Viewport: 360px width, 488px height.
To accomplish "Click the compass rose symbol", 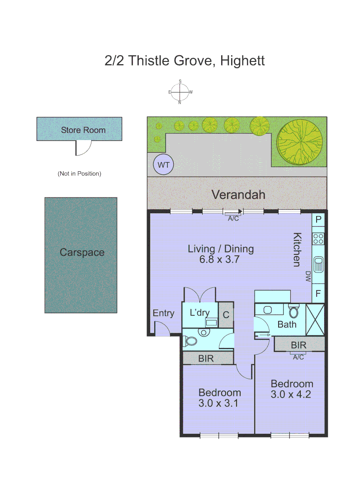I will (180, 92).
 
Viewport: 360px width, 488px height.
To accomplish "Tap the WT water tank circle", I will (164, 165).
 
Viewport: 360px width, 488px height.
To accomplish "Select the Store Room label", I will (83, 130).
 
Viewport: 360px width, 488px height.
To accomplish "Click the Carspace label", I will (82, 253).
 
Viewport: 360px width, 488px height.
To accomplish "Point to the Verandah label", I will (238, 195).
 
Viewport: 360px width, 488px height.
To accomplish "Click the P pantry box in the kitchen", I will (318, 220).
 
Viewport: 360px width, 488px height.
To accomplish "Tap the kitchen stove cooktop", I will (318, 238).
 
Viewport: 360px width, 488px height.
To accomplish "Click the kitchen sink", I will (318, 264).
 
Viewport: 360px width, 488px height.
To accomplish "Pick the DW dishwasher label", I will (308, 276).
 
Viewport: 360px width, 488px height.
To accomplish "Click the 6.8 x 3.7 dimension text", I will (220, 259).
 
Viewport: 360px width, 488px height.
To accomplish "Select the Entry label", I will (163, 313).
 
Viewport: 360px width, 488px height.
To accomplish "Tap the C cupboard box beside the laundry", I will (226, 315).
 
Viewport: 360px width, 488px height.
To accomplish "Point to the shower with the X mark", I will (316, 320).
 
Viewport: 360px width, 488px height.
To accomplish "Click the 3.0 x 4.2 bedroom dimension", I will (292, 394).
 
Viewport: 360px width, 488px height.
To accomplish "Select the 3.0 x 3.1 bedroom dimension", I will (219, 403).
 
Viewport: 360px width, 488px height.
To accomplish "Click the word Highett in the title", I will (242, 61).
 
